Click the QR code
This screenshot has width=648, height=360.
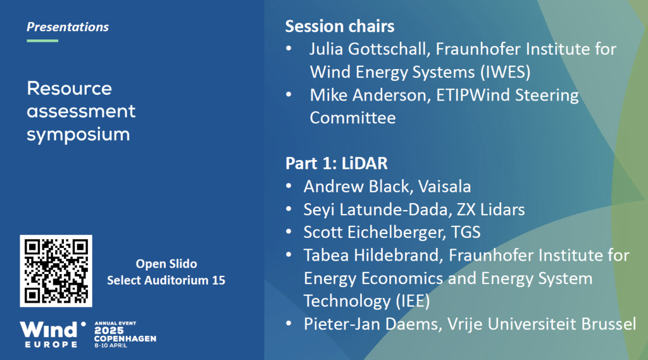56,271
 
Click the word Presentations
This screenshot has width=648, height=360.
68,27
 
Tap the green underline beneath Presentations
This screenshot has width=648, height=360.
42,40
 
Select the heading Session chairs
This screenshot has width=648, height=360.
340,26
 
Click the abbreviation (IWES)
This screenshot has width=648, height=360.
505,72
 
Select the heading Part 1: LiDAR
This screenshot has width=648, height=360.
337,163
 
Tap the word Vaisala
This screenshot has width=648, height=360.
444,187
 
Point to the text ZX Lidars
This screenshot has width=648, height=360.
490,209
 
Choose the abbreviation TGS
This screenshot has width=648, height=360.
466,232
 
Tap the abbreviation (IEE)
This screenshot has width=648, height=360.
413,301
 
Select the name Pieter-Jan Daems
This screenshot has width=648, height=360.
370,324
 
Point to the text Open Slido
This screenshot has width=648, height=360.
166,264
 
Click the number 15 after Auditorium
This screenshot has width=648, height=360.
218,280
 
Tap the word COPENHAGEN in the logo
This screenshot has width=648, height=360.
125,338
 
